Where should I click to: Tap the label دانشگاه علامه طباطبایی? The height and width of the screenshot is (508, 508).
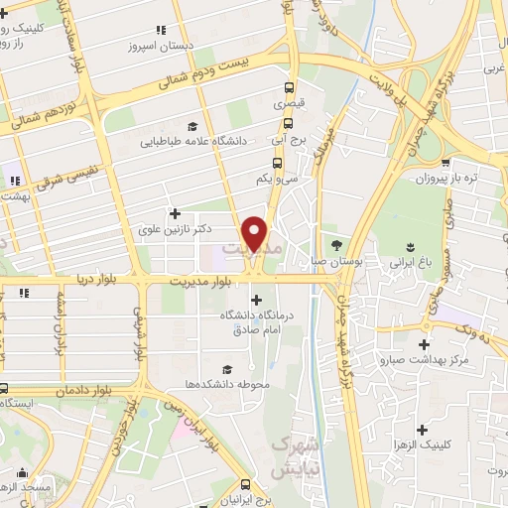pyautogui.click(x=210, y=141)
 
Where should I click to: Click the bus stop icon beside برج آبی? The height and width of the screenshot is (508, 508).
pyautogui.click(x=288, y=124)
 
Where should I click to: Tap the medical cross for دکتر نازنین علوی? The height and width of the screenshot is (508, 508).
pyautogui.click(x=176, y=213)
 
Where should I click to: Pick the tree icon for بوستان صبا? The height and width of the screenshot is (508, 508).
pyautogui.click(x=336, y=244)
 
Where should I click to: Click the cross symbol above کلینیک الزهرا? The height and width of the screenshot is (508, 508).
pyautogui.click(x=424, y=430)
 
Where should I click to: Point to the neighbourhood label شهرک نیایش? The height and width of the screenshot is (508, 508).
pyautogui.click(x=294, y=453)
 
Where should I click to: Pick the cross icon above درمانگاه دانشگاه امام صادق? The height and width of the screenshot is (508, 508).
pyautogui.click(x=257, y=300)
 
